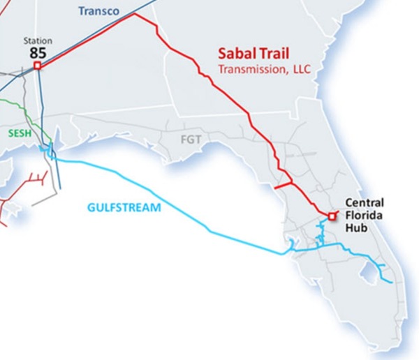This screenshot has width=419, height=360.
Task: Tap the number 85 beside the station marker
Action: point(38,52)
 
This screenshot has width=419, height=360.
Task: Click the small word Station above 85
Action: point(38,40)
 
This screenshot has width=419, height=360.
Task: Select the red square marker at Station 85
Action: point(37,66)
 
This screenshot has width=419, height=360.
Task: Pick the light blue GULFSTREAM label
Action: point(124,207)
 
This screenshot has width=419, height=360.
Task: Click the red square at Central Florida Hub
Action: point(331,214)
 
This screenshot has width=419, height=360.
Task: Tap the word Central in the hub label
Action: point(365,202)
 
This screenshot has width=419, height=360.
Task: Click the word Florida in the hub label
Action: point(363,215)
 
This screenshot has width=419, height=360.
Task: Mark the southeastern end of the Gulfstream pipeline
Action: point(390,282)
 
